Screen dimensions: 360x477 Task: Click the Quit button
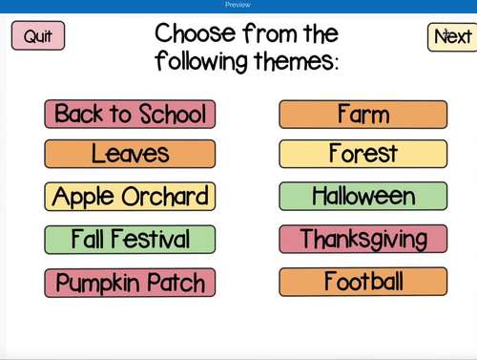point(38,36)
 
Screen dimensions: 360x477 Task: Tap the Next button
point(451,36)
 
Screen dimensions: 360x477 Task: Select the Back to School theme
point(130,115)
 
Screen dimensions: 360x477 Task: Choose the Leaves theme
point(130,153)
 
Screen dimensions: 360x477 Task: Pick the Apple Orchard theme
point(130,197)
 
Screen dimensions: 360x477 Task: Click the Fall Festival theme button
point(130,239)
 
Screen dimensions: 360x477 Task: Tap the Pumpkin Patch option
point(130,283)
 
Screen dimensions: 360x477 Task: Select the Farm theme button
point(363,115)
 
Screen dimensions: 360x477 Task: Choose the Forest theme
point(363,153)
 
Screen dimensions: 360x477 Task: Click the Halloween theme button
point(363,197)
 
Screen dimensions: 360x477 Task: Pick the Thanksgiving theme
point(363,239)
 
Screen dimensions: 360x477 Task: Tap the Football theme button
point(363,282)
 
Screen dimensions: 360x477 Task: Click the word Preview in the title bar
point(238,5)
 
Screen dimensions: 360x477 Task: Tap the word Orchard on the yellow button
point(168,197)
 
